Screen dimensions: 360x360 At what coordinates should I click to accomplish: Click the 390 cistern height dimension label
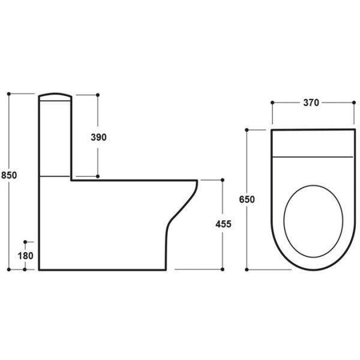point(98,137)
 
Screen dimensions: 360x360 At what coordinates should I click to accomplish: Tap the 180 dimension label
point(25,256)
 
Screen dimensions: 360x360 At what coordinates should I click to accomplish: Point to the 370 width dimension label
point(311,103)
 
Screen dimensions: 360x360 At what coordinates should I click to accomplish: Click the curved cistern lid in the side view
point(55,95)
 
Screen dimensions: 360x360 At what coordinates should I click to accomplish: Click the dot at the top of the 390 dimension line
point(97,94)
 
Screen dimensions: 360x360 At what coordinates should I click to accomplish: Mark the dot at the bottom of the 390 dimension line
point(97,176)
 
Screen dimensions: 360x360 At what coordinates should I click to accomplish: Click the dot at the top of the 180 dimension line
point(25,242)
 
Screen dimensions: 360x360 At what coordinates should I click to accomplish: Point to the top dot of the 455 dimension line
point(223,179)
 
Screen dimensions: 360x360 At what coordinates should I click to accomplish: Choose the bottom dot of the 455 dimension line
point(223,269)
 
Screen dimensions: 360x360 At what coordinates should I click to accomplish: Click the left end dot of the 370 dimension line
point(272,103)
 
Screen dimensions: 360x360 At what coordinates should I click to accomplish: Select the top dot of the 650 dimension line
point(247,129)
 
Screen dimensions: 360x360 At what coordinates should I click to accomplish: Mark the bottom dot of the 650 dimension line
point(247,269)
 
